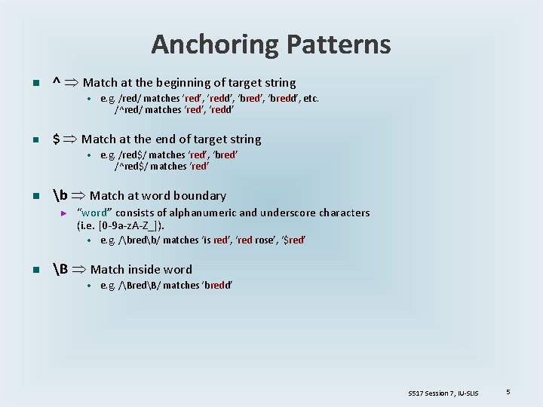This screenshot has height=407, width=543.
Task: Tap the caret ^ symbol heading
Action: pyautogui.click(x=56, y=82)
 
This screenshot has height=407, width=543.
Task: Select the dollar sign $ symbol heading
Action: pyautogui.click(x=56, y=139)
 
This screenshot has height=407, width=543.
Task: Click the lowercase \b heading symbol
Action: pyautogui.click(x=60, y=195)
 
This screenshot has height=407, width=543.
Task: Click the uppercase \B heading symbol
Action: pyautogui.click(x=61, y=269)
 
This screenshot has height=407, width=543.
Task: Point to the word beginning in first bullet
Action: pyautogui.click(x=184, y=83)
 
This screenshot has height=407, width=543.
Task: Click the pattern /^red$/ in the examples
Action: pyautogui.click(x=130, y=166)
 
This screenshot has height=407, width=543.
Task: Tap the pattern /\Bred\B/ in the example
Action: pyautogui.click(x=139, y=286)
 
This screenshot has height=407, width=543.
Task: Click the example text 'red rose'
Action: pyautogui.click(x=256, y=240)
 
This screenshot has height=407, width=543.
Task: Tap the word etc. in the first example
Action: pyautogui.click(x=310, y=99)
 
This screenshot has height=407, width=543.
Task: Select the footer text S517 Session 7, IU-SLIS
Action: pyautogui.click(x=443, y=393)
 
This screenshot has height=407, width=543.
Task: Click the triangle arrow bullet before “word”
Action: pyautogui.click(x=64, y=213)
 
